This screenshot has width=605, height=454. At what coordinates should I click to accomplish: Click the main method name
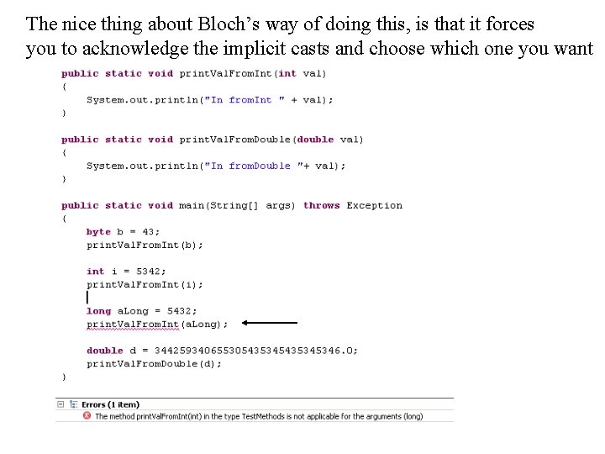pos(192,205)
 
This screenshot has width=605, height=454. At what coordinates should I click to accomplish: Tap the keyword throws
pos(322,205)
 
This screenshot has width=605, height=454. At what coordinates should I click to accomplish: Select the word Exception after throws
pos(375,205)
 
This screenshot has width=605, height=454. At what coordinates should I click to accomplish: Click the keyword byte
pos(98,232)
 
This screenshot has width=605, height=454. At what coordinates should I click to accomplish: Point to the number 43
pos(148,232)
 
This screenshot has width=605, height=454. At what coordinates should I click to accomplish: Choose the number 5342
pos(151,272)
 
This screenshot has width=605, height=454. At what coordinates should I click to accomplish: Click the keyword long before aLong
pos(98,311)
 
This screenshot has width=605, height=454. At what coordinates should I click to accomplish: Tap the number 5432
pos(182,311)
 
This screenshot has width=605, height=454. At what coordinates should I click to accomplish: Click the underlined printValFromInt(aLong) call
pos(156,325)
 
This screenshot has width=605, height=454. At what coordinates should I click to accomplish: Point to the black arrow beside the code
pos(269,322)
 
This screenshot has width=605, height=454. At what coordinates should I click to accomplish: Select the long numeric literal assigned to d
pos(256,351)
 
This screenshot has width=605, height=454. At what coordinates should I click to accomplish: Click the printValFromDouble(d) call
pos(154,364)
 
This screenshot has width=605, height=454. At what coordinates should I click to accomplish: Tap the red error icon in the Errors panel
pos(87,416)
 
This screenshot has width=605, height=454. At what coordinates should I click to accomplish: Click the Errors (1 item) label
pos(110,404)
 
